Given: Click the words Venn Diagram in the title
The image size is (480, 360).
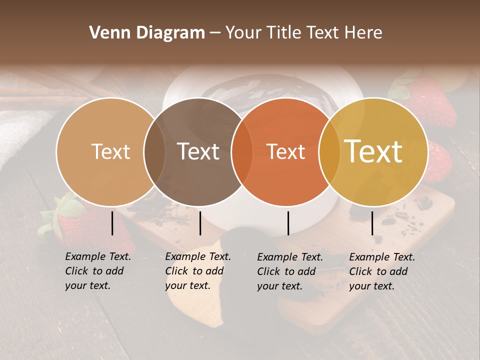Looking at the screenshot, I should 147,33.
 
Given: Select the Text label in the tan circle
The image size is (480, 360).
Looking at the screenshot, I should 110,152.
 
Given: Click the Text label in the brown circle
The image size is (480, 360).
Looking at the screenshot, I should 198,152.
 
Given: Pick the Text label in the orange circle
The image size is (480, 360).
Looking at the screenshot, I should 286,152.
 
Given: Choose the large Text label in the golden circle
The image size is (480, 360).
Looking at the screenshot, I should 373,152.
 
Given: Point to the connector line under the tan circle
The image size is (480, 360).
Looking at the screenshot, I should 112,223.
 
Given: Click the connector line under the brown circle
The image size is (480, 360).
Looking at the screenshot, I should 200,223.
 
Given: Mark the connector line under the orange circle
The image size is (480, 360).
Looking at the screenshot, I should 288,223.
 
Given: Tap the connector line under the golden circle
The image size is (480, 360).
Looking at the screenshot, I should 372,223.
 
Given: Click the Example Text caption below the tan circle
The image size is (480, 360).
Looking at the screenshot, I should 98,271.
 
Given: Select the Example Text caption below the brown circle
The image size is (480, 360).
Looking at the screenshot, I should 198,271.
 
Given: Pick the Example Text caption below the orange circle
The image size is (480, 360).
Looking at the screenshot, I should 290,271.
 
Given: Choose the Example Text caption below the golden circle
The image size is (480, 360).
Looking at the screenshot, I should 382,271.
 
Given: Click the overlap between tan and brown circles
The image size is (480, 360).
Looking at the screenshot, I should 154,152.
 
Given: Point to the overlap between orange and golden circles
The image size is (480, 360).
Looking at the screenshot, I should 328,152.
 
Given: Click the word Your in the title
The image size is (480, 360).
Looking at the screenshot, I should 243,33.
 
